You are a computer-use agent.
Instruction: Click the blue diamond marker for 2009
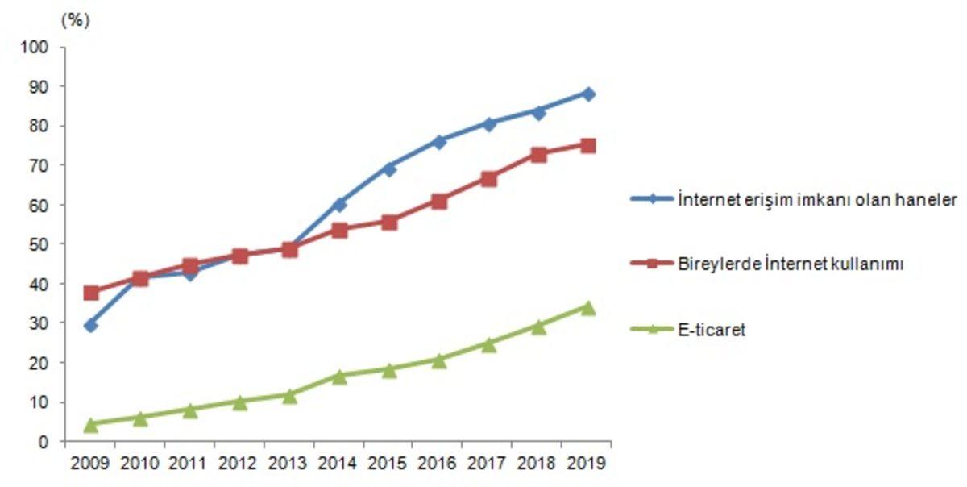(x=90, y=326)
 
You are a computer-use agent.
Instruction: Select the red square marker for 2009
(x=90, y=293)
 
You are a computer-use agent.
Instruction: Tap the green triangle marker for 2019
(x=588, y=307)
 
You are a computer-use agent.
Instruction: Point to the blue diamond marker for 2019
(x=588, y=94)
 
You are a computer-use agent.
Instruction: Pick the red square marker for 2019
(x=588, y=146)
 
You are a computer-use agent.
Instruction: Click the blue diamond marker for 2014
(x=339, y=205)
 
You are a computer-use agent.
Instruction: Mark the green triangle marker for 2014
(x=339, y=376)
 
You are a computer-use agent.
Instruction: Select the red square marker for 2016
(x=439, y=202)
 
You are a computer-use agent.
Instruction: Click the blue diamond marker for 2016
(x=439, y=141)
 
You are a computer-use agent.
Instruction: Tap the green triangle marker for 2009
(x=90, y=423)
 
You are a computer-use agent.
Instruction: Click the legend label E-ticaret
(x=712, y=329)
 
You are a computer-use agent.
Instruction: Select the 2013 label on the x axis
(x=289, y=464)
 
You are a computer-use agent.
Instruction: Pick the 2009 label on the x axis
(x=90, y=464)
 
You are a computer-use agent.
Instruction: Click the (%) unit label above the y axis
(x=75, y=21)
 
